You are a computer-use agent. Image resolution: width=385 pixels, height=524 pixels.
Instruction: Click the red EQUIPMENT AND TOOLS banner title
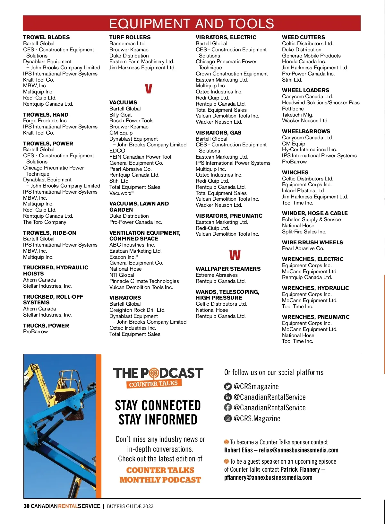192,24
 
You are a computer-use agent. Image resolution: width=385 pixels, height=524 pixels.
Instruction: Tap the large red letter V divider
148,89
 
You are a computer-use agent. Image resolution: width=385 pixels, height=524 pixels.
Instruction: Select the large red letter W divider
235,255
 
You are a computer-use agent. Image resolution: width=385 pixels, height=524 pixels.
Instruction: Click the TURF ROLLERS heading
130,37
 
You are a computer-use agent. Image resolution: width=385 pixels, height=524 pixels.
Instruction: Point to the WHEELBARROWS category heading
306,131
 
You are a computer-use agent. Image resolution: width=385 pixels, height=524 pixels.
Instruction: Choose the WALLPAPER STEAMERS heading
228,269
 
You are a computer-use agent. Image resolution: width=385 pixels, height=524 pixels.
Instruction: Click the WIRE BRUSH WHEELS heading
312,242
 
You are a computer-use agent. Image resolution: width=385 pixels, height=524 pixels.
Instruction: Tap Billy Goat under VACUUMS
120,115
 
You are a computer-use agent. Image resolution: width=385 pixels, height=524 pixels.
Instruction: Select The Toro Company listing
45,222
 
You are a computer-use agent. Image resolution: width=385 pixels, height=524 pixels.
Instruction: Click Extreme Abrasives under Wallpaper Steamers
217,275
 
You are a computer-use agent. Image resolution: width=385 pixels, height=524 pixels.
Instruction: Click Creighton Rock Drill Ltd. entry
137,310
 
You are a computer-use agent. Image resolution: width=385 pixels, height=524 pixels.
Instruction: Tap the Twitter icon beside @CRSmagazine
228,387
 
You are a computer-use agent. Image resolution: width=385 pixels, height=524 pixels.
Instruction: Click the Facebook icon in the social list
228,407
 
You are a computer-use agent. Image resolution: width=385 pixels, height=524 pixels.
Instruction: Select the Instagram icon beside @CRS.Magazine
228,418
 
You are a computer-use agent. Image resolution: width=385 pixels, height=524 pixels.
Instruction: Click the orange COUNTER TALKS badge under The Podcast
154,384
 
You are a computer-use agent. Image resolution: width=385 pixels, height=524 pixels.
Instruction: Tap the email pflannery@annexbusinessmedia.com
268,477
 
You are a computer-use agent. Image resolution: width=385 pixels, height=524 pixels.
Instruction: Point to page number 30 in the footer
27,506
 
